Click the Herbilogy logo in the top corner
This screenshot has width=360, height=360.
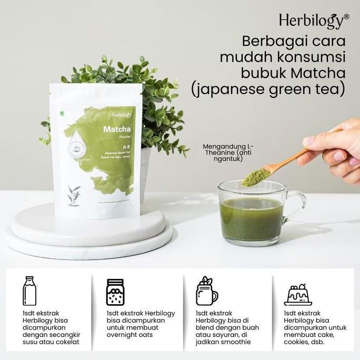(312, 21)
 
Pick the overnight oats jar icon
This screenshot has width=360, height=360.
(115, 292)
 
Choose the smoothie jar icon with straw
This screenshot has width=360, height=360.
(206, 292)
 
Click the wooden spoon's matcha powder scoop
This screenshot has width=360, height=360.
(254, 175)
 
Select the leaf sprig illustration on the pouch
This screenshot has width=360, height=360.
(73, 195)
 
